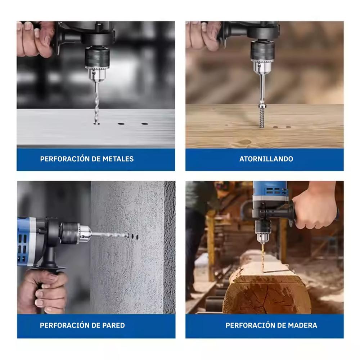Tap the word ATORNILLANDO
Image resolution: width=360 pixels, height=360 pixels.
(266, 159)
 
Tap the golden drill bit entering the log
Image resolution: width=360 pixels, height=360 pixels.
(263, 258)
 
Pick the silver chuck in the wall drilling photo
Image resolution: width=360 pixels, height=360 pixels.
(84, 234)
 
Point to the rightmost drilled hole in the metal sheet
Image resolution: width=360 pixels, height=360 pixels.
(144, 124)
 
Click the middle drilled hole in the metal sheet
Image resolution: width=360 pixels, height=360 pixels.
(121, 124)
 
